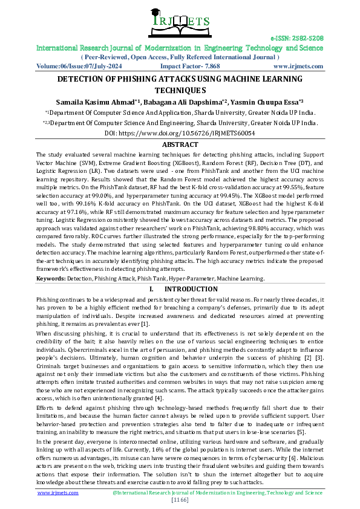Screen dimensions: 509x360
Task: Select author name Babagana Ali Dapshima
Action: point(185,101)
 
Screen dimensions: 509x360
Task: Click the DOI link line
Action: point(180,133)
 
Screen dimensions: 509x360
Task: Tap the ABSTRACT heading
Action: point(180,145)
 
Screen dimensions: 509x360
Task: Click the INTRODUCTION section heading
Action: point(191,289)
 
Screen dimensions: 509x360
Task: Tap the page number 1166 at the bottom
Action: point(180,500)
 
